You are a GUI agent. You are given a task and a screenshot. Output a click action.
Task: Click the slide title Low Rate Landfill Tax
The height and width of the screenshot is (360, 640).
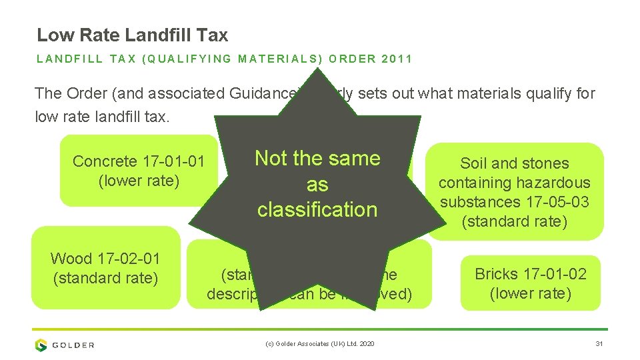[x=132, y=35]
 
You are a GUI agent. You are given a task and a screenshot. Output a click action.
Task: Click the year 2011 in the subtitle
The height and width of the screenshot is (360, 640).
[x=397, y=59]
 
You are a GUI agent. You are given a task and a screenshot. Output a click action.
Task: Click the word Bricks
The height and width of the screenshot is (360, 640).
[x=496, y=273]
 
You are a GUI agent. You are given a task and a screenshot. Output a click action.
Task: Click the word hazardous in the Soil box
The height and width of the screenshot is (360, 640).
[x=557, y=182]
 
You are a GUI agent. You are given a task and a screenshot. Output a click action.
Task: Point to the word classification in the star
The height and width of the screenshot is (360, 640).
[x=317, y=209]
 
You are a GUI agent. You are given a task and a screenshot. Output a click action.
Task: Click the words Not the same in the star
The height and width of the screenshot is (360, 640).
[x=317, y=158]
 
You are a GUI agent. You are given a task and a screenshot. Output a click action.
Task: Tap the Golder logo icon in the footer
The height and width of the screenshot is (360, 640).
[x=41, y=345]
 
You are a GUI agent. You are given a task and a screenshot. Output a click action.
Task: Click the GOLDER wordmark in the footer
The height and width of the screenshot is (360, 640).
[x=73, y=345]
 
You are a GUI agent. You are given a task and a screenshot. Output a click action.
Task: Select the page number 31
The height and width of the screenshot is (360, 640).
[x=598, y=344]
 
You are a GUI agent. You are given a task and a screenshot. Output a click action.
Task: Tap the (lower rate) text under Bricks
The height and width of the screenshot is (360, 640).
[x=530, y=293]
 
